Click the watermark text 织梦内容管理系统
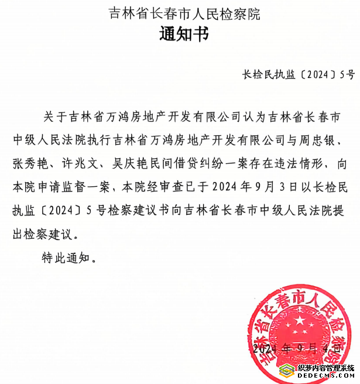pos(325,368)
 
